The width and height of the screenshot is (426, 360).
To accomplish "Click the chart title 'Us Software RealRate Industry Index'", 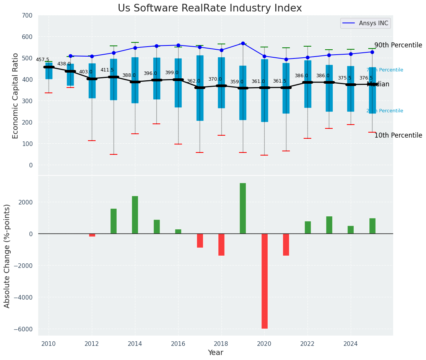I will (210, 8).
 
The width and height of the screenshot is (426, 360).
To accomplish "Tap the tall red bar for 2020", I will (264, 281).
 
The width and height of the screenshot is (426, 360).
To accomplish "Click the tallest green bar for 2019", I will (243, 208).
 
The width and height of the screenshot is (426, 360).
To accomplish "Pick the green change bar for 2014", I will (135, 215).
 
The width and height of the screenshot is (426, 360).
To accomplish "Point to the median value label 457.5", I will (42, 60).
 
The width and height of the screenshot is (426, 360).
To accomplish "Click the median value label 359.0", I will (237, 82).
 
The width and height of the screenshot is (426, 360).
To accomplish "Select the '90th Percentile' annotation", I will (398, 45).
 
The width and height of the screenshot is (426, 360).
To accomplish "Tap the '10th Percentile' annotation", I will (398, 135).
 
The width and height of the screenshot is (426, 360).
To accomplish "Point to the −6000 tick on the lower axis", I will (25, 329).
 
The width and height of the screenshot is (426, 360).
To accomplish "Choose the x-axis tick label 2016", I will (178, 344).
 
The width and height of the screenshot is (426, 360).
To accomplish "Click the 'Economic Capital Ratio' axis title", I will (16, 96).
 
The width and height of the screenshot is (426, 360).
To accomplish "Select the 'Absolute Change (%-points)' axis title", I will (7, 256).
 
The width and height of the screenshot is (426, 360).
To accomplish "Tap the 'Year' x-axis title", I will (215, 353).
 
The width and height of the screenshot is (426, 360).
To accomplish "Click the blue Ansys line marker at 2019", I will (243, 44).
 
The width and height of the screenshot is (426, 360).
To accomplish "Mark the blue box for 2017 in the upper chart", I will (200, 88).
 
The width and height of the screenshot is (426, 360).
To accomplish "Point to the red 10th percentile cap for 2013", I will (114, 154).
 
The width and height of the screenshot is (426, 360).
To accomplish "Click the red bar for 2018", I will (221, 245).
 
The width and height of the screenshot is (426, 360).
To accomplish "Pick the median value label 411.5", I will (107, 70).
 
